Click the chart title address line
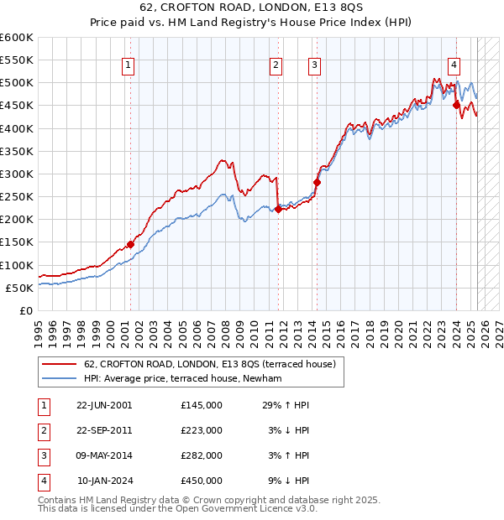[251, 9]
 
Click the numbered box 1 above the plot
[129, 66]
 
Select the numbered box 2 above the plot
[276, 66]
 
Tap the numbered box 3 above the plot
[314, 66]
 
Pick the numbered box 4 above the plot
[454, 66]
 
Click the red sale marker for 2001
[130, 244]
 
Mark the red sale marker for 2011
[278, 209]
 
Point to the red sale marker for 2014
[317, 182]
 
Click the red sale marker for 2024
[456, 105]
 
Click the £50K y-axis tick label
[19, 288]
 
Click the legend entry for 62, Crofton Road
[210, 364]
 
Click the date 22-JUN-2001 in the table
[104, 405]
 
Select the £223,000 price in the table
[202, 430]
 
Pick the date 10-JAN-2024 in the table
[105, 481]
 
